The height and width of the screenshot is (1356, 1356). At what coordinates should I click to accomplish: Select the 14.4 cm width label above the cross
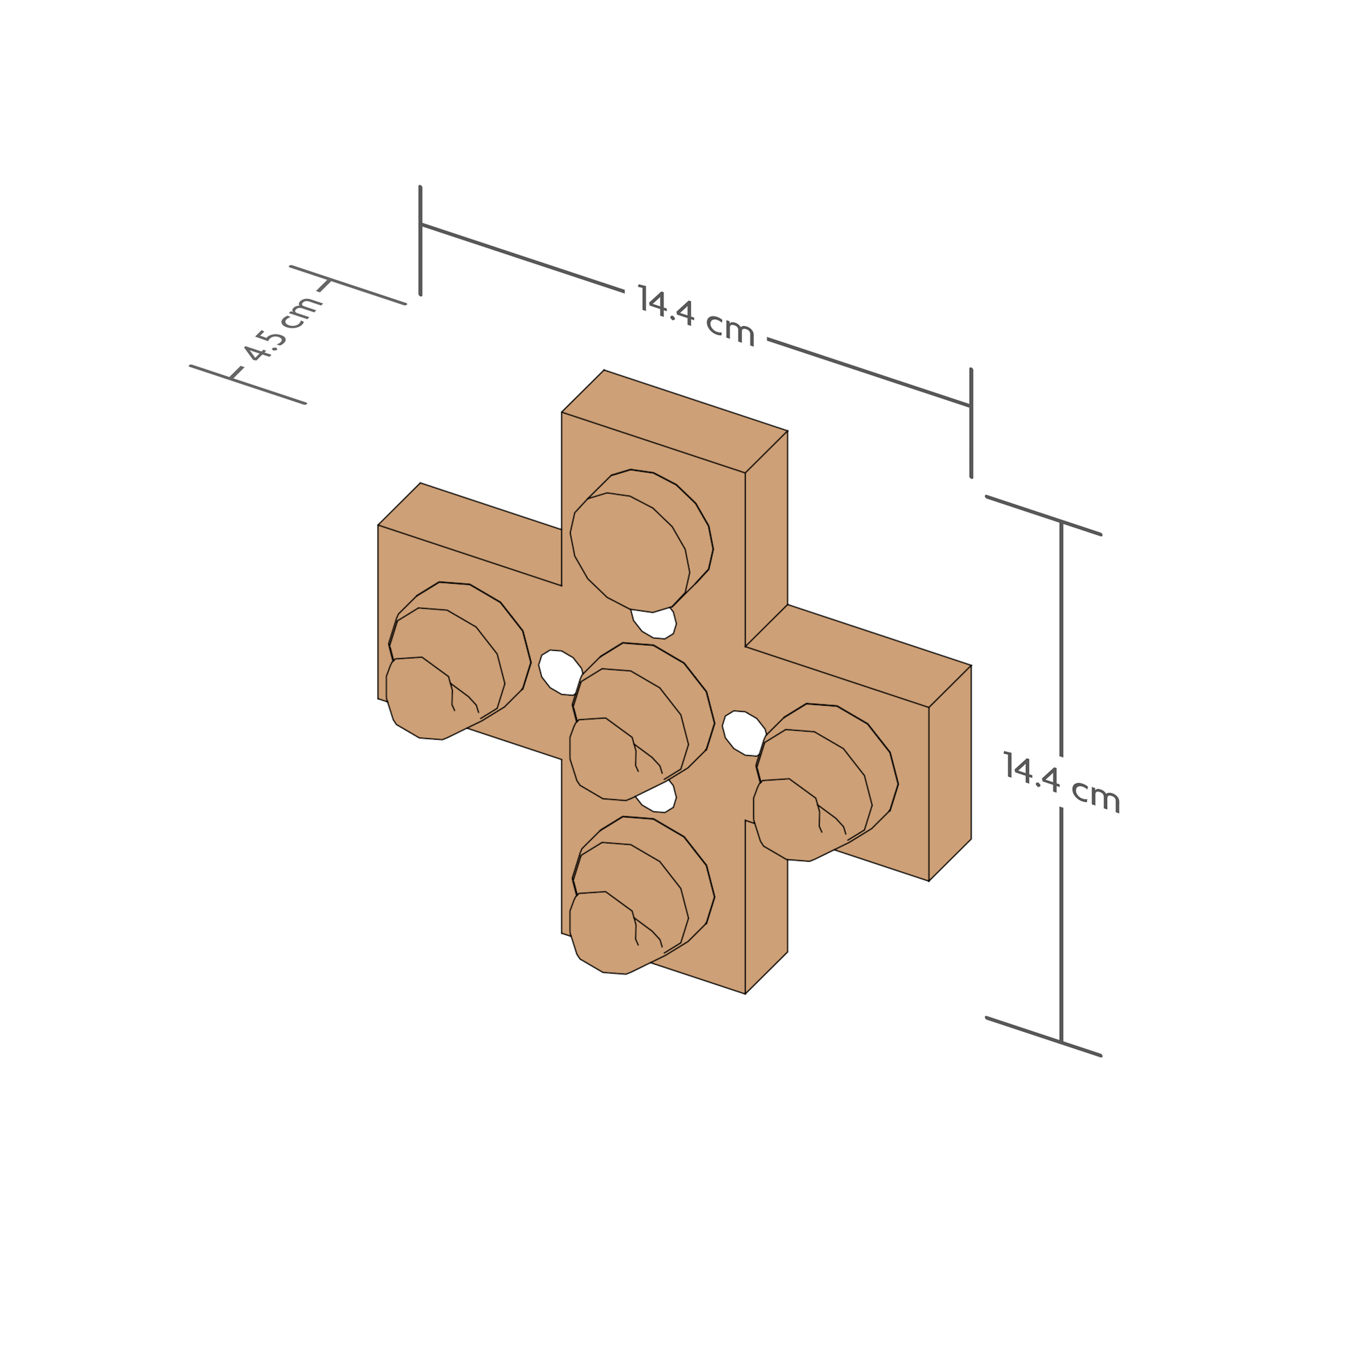tap(696, 316)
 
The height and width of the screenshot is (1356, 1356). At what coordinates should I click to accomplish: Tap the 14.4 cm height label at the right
tap(1061, 782)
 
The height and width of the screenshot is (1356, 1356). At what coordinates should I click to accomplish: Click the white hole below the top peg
tap(654, 623)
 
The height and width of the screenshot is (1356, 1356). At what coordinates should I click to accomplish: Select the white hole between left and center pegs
tap(560, 672)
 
